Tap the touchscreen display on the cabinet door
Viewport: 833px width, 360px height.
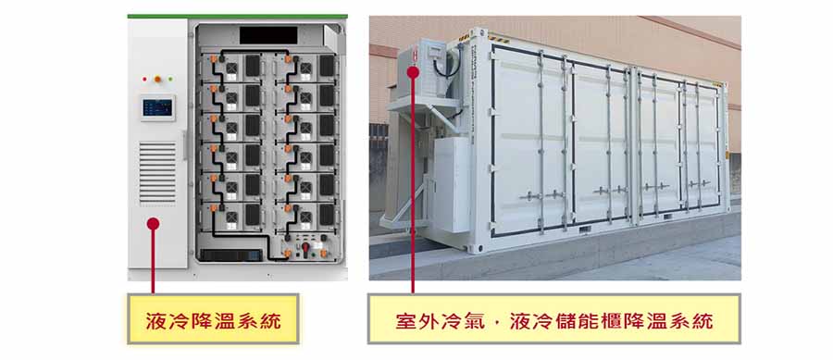pos(156,107)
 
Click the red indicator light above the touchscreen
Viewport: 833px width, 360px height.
pos(156,79)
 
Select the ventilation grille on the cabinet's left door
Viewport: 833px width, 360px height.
pos(156,172)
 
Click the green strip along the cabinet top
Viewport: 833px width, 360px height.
pos(236,16)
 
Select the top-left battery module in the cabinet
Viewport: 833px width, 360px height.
pos(236,66)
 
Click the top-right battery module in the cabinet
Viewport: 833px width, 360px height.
pos(310,66)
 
